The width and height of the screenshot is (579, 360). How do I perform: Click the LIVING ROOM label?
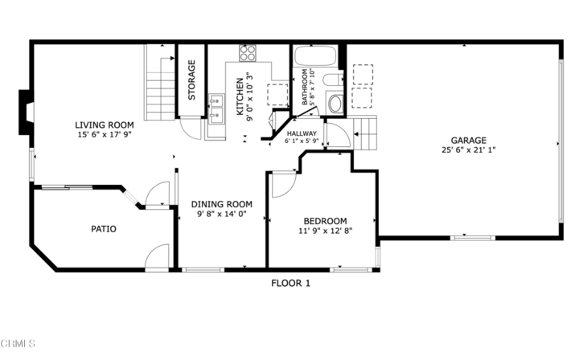[x=104, y=125]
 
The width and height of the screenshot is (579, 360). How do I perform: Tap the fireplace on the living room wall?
[x=26, y=112]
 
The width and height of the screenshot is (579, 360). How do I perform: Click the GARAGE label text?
[x=468, y=139]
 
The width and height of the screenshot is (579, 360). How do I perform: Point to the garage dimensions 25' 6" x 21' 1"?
[x=468, y=149]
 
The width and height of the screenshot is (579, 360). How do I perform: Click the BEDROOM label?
[x=325, y=221]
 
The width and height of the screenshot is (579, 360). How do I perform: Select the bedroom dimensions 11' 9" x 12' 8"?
[x=325, y=231]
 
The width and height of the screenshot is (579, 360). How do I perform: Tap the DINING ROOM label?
[x=222, y=204]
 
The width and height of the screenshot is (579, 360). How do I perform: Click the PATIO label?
[x=103, y=229]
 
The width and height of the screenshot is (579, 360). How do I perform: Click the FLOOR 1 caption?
[x=289, y=283]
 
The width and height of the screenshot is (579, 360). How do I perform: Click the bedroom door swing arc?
[x=283, y=184]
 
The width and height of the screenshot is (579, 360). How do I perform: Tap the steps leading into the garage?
[x=365, y=133]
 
